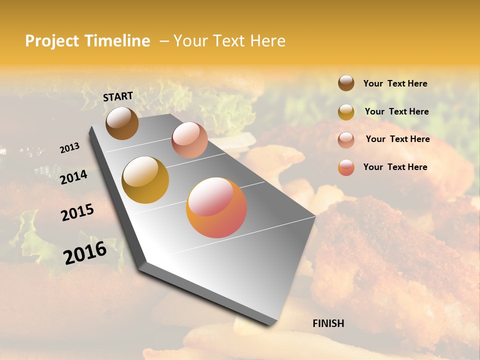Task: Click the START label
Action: click(118, 96)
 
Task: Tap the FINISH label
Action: click(328, 323)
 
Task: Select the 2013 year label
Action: click(69, 147)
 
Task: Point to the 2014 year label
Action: click(73, 177)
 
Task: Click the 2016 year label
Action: click(85, 252)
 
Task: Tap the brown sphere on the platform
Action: click(122, 123)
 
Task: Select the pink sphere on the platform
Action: click(189, 140)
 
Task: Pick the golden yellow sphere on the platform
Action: click(145, 180)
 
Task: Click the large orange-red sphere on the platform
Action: click(216, 207)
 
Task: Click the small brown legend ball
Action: click(346, 83)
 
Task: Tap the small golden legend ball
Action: click(346, 112)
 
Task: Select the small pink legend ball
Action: click(346, 140)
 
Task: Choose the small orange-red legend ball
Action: click(346, 167)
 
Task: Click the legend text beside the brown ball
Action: click(395, 84)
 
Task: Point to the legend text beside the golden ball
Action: click(396, 111)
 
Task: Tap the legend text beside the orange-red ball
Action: click(395, 167)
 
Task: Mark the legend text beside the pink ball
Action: click(397, 139)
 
